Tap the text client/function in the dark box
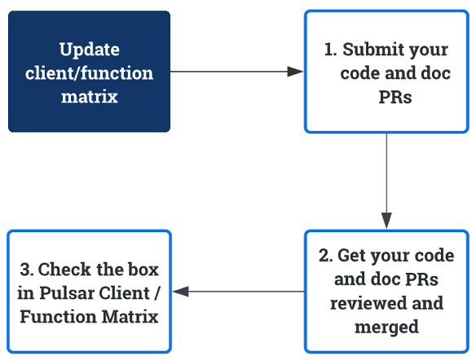click(x=90, y=72)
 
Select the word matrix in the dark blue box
click(x=90, y=97)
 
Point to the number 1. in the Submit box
click(x=331, y=49)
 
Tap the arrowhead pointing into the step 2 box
click(x=386, y=221)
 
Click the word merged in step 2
click(x=386, y=327)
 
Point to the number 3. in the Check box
click(x=26, y=269)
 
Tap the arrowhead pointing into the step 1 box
click(x=296, y=72)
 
